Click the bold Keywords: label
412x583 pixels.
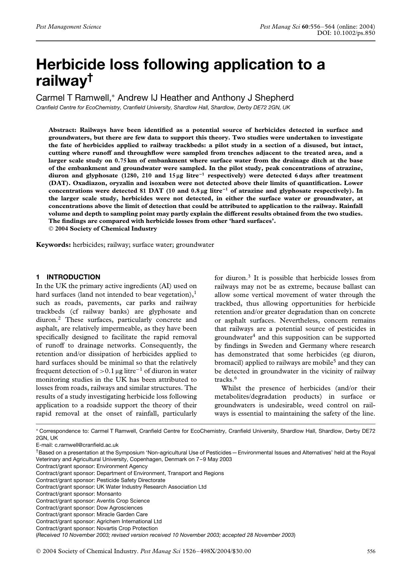(53, 245)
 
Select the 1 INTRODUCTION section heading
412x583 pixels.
(68, 277)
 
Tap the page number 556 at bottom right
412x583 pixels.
(371, 551)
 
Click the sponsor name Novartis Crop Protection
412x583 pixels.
(127, 528)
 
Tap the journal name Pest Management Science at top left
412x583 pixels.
(68, 27)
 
